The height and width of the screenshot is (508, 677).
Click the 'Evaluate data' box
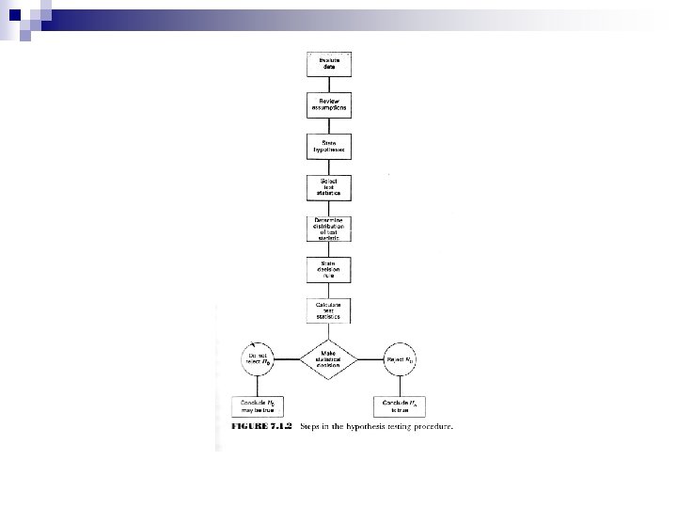point(329,62)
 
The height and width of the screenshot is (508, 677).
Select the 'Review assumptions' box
point(329,104)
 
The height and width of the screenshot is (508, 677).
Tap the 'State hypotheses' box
point(329,146)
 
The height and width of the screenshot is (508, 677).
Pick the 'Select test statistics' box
point(329,186)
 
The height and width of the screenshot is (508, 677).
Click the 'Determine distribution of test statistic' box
point(329,229)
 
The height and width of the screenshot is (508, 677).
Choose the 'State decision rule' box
point(329,270)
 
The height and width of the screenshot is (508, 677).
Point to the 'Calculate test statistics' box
point(329,311)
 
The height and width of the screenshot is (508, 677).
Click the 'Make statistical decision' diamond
point(329,358)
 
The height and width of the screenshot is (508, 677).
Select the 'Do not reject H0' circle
point(258,358)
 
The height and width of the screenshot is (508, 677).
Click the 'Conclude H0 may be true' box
point(258,406)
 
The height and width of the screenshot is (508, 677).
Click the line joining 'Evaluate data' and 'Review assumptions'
point(329,84)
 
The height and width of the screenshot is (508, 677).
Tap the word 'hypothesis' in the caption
point(376,427)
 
